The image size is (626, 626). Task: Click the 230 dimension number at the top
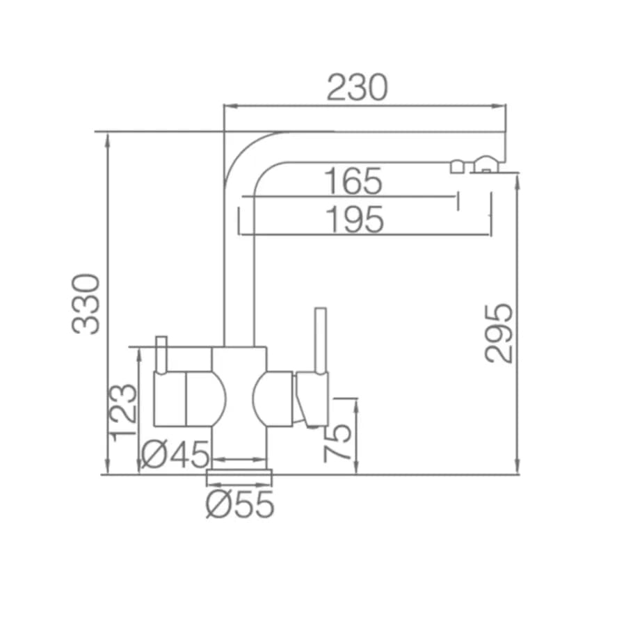[x=358, y=87]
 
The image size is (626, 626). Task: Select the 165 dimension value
[x=353, y=182]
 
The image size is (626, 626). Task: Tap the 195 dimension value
[x=355, y=219]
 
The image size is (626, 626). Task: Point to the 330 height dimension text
[x=86, y=303]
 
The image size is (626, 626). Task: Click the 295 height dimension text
[x=498, y=333]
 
